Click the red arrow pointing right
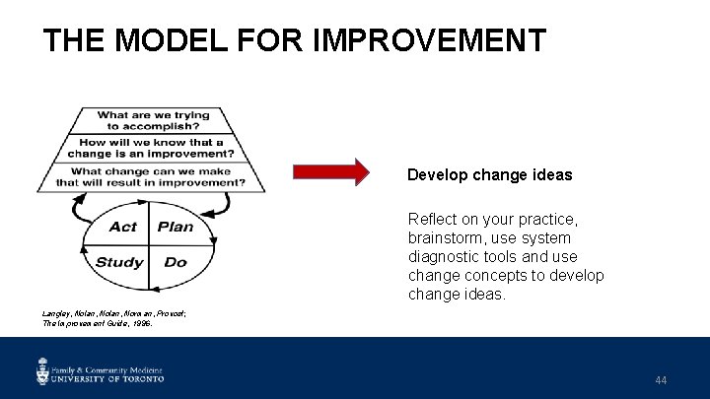pos(331,173)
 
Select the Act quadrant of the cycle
pos(123,227)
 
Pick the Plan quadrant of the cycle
pos(176,227)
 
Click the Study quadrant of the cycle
pos(119,262)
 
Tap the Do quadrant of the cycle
pos(175,262)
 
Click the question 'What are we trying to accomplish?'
pos(153,120)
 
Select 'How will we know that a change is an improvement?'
pos(151,148)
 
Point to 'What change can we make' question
pos(151,170)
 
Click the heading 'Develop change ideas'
pos(489,174)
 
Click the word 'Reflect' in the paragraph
pos(433,219)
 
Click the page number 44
pos(660,379)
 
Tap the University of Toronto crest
pos(42,371)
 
